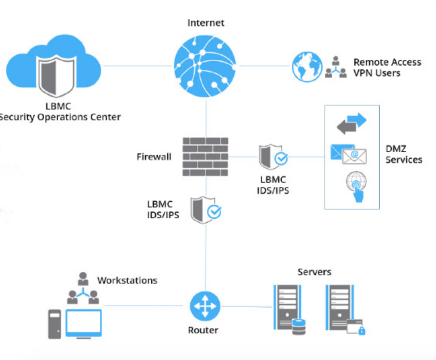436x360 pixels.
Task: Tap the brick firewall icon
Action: (206, 156)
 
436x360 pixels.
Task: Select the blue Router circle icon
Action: (205, 306)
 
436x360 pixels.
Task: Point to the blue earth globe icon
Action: (307, 67)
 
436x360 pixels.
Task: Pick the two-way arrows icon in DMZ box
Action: (351, 123)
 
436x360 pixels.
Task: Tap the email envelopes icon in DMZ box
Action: (348, 154)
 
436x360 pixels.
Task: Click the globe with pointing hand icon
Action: (356, 187)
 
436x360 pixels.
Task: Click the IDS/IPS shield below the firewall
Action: (205, 210)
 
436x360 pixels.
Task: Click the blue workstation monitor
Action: (84, 322)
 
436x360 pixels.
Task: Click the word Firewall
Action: (154, 157)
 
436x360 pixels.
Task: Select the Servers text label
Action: (314, 272)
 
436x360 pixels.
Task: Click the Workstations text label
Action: (127, 281)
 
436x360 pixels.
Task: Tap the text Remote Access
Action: (387, 62)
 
